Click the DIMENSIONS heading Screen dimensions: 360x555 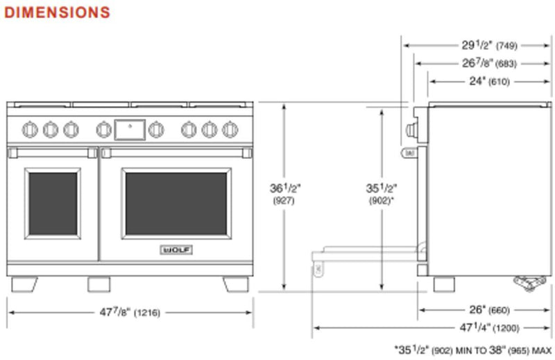(57, 12)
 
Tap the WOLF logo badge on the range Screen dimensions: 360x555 (176, 250)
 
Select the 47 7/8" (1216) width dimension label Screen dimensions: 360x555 (130, 313)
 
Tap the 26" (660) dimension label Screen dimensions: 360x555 (490, 310)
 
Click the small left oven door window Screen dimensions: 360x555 (53, 203)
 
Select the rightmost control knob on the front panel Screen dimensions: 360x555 (230, 129)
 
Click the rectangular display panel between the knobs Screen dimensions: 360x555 (130, 128)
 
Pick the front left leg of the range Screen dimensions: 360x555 (24, 284)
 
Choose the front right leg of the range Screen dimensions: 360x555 (235, 284)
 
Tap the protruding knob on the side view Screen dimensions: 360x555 (411, 129)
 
